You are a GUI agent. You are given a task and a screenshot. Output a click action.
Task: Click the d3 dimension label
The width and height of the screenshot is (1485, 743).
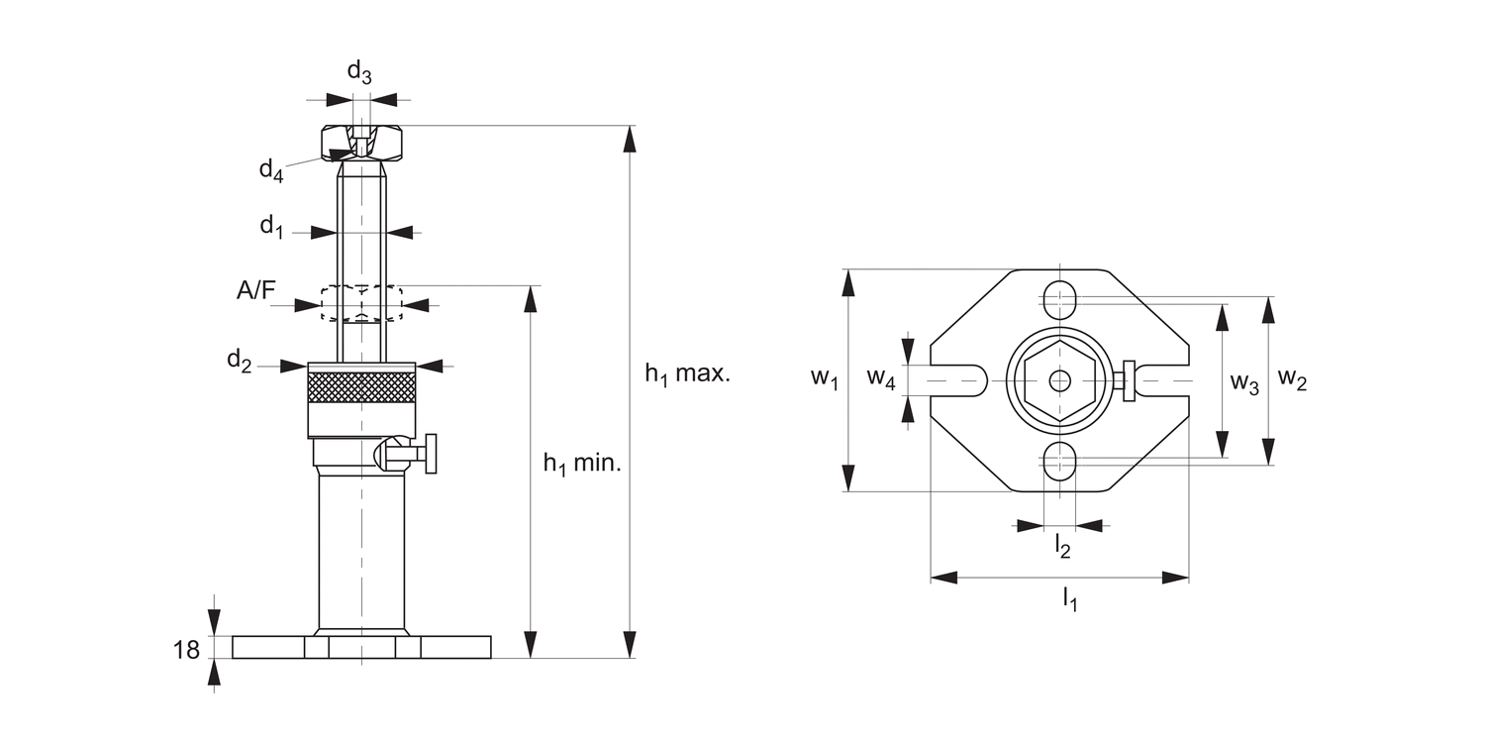click(359, 72)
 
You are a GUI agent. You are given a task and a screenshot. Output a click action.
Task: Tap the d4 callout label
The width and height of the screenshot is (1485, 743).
click(271, 170)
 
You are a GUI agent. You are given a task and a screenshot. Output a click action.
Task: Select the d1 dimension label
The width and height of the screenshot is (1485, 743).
click(271, 227)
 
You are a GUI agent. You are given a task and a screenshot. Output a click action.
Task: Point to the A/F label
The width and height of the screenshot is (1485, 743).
click(256, 290)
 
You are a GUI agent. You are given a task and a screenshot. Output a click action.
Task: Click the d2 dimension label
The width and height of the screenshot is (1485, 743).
click(240, 361)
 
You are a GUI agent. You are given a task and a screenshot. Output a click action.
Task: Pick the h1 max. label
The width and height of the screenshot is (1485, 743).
click(687, 374)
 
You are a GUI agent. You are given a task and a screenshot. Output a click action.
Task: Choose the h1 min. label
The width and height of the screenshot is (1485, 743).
click(582, 463)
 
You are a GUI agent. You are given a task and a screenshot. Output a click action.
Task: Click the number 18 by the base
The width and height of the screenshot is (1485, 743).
click(186, 650)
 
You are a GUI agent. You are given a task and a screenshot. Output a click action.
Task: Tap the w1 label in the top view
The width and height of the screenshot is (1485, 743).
click(824, 377)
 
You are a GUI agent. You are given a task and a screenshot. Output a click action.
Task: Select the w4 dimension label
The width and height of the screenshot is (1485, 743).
click(882, 377)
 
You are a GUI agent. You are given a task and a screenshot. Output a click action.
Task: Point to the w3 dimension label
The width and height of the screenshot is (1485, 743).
click(1244, 383)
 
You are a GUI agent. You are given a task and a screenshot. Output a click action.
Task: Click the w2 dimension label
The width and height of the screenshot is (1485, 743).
click(1293, 377)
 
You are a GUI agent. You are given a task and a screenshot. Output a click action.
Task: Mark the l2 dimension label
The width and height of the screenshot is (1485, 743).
click(1062, 544)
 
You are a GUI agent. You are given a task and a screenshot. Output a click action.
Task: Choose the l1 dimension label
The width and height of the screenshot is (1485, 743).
click(1069, 597)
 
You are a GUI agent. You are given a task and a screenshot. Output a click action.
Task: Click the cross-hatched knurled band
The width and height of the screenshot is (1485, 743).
click(361, 386)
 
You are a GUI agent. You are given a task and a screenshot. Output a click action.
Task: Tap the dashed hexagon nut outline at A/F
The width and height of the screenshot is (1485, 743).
click(361, 303)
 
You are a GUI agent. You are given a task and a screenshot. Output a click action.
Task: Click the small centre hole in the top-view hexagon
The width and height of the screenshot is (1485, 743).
click(1060, 380)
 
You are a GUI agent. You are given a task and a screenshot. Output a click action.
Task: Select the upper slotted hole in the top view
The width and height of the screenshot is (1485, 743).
click(1060, 296)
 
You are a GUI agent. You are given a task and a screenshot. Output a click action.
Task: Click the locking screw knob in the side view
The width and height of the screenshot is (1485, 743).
click(431, 454)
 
